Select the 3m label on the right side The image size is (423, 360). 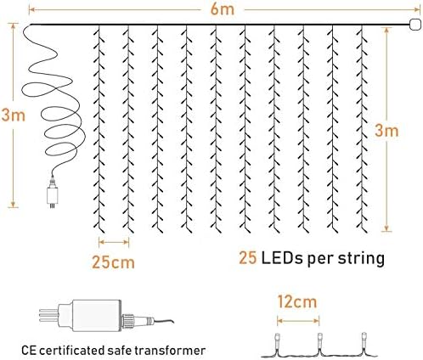coord(387,132)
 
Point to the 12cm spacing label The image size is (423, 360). coord(297,300)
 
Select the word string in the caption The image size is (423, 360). coord(358,256)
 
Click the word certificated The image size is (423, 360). coord(74,349)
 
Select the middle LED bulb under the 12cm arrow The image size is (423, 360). coord(319,339)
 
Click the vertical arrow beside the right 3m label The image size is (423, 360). coord(387,127)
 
